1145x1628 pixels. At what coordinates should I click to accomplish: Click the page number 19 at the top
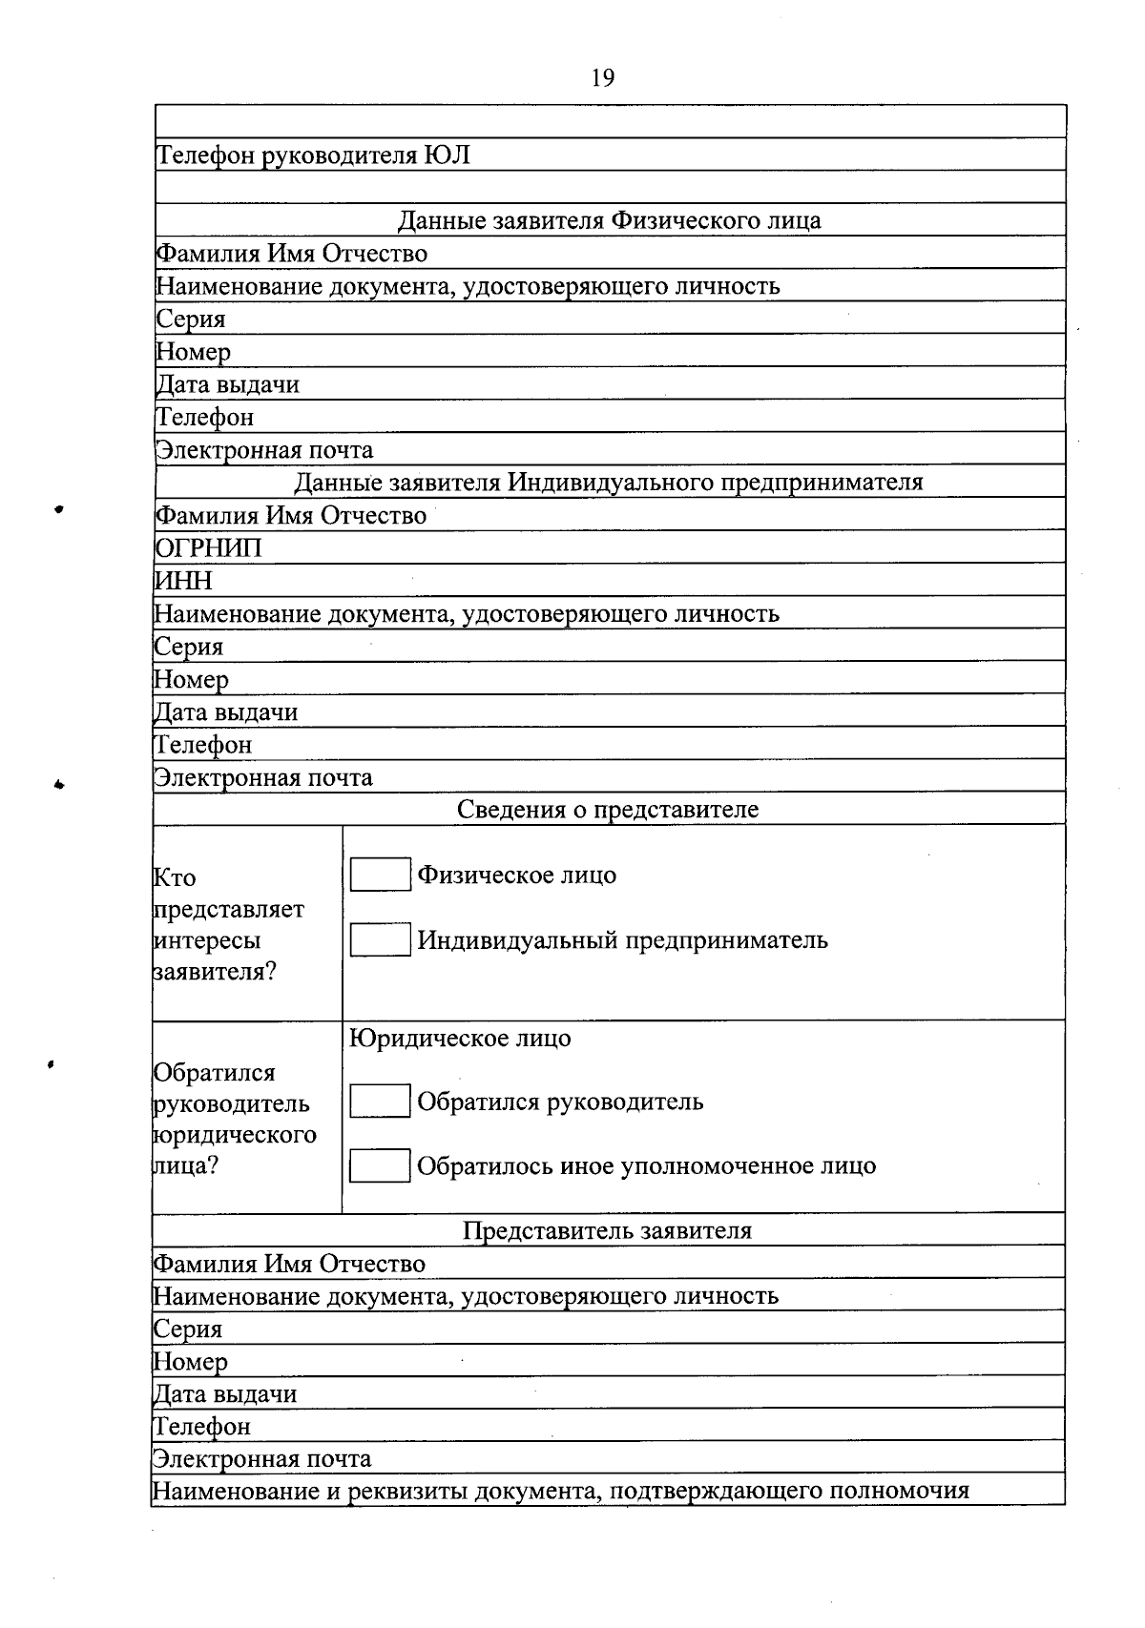pyautogui.click(x=603, y=78)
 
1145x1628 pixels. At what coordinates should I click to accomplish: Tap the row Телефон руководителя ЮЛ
pyautogui.click(x=313, y=155)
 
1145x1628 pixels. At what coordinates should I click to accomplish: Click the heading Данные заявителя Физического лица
pyautogui.click(x=609, y=221)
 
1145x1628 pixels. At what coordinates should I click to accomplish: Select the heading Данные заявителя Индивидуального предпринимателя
pyautogui.click(x=609, y=482)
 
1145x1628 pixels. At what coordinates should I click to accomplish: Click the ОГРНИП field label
pyautogui.click(x=208, y=548)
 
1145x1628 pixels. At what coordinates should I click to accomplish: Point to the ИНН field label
pyautogui.click(x=184, y=581)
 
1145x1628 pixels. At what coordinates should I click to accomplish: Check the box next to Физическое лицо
pyautogui.click(x=380, y=875)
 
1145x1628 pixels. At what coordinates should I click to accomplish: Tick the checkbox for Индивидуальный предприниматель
pyautogui.click(x=380, y=940)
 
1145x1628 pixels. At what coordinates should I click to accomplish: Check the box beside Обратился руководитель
pyautogui.click(x=380, y=1102)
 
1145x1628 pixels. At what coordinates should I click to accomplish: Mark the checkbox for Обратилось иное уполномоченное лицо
pyautogui.click(x=380, y=1165)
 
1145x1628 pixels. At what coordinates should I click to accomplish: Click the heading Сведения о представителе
pyautogui.click(x=608, y=810)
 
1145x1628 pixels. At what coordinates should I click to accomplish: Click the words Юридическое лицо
pyautogui.click(x=461, y=1038)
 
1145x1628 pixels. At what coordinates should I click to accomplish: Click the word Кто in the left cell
pyautogui.click(x=176, y=878)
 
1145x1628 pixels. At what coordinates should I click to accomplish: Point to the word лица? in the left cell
pyautogui.click(x=186, y=1165)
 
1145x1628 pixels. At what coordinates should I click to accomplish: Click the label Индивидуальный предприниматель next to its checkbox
pyautogui.click(x=622, y=940)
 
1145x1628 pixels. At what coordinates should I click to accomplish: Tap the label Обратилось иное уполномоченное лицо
pyautogui.click(x=646, y=1165)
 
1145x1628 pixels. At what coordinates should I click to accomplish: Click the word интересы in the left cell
pyautogui.click(x=207, y=940)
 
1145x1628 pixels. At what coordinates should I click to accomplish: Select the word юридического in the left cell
pyautogui.click(x=235, y=1135)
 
